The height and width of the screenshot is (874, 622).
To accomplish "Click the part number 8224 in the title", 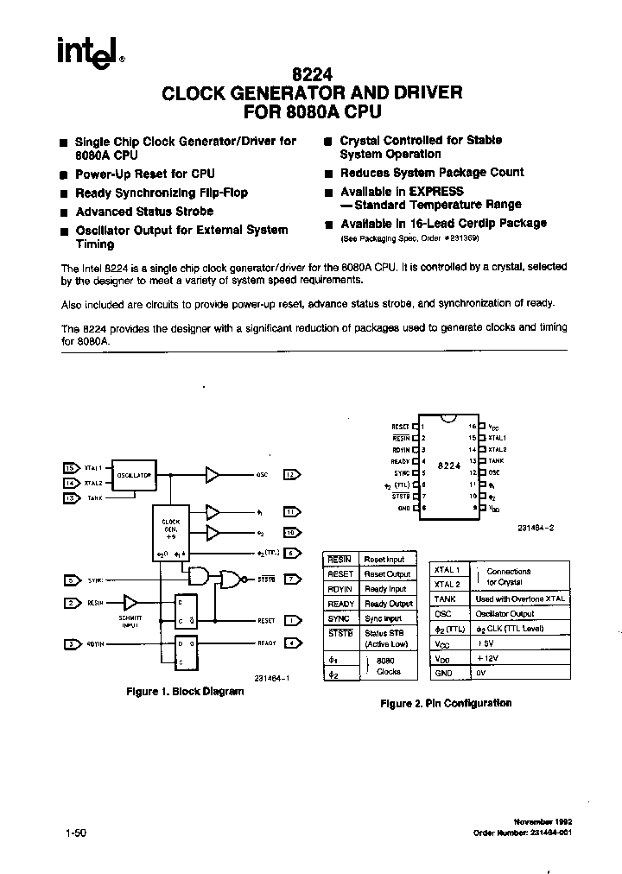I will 312,75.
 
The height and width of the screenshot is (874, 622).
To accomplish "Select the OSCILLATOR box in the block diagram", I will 135,475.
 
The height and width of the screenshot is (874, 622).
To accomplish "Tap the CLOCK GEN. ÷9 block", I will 171,528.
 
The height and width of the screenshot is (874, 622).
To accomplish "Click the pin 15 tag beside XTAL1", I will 71,467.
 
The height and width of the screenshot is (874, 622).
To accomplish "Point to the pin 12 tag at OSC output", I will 292,474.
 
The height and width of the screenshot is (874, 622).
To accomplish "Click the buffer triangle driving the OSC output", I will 212,474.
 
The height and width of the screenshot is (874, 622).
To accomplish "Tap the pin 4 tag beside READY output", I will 292,643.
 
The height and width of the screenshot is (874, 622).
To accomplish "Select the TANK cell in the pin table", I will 445,598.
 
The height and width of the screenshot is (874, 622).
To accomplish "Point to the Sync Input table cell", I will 384,618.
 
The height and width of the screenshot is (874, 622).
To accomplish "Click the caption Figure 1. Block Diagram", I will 186,692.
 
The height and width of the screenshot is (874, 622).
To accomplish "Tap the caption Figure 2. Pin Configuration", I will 446,703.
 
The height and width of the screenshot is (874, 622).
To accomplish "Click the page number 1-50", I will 76,833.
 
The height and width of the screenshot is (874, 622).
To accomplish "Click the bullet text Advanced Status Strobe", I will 144,212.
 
